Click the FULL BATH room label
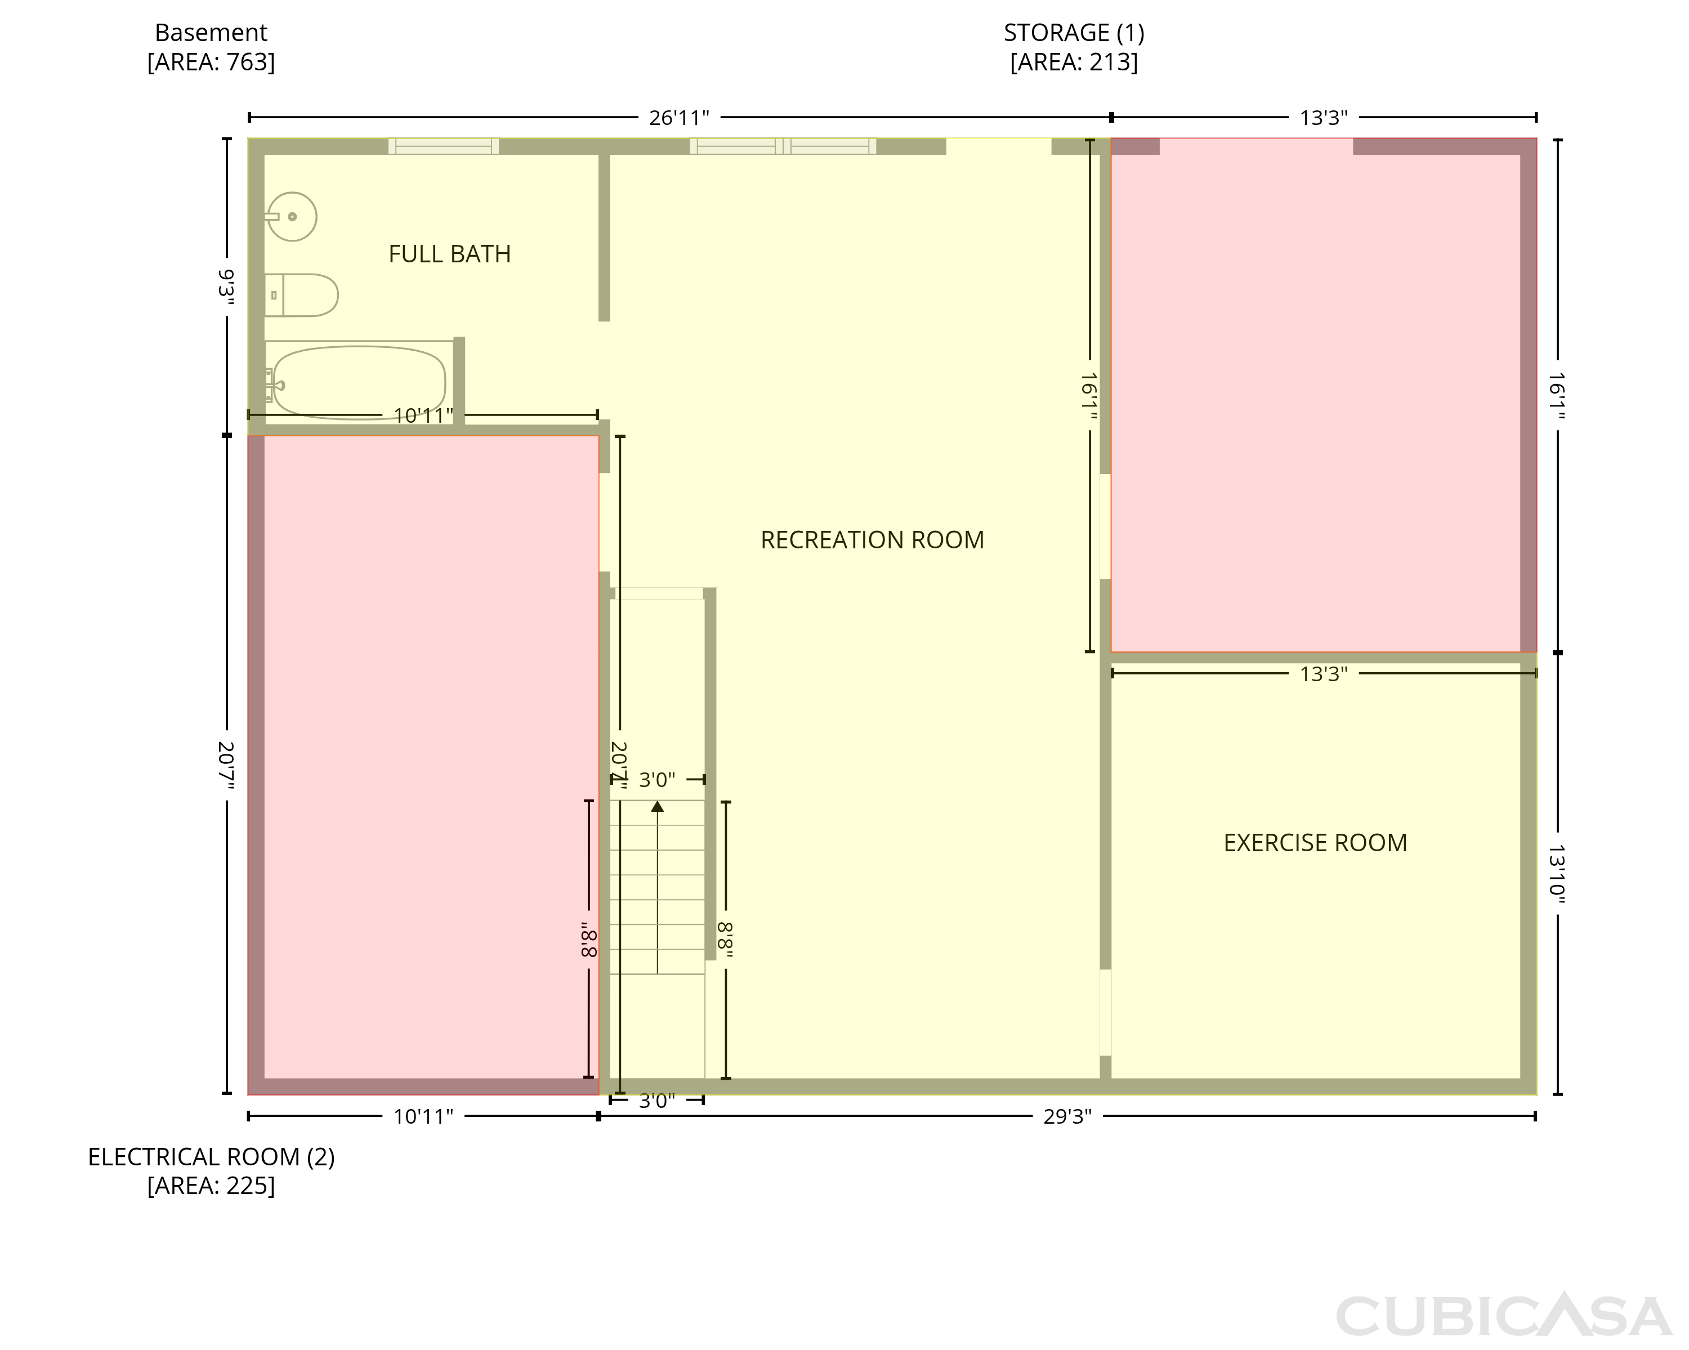point(450,254)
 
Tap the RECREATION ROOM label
point(872,540)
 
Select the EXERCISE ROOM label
point(1315,842)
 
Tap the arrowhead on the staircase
point(657,806)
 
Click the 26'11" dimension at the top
point(679,118)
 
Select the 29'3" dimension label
point(1067,1116)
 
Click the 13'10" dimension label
point(1557,874)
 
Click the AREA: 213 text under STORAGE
point(1074,62)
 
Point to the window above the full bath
point(444,146)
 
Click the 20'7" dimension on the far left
point(226,765)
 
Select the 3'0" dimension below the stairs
point(656,1101)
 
